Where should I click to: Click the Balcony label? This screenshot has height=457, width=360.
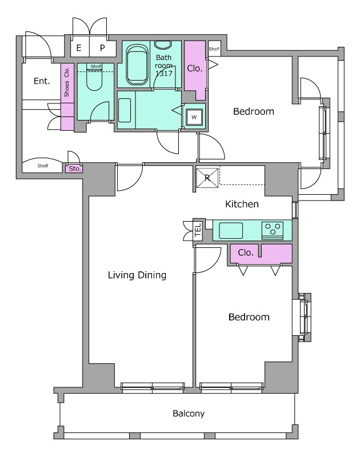click(x=189, y=414)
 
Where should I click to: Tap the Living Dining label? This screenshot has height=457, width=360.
click(x=137, y=275)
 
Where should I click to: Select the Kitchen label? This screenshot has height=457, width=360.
click(x=242, y=204)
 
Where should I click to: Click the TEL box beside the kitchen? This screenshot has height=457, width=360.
click(x=198, y=230)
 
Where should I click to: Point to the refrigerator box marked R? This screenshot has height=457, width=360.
click(x=207, y=178)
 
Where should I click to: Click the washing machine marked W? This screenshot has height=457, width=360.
click(x=194, y=117)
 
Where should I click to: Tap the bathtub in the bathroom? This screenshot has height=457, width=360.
click(x=137, y=65)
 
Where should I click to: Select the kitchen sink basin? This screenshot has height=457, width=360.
click(x=231, y=231)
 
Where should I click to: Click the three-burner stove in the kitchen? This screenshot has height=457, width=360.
click(x=273, y=230)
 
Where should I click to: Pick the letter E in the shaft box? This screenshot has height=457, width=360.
click(x=79, y=48)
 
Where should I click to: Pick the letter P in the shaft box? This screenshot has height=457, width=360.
click(x=102, y=48)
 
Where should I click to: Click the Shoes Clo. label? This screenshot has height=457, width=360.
click(x=67, y=82)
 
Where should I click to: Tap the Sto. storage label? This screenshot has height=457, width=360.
click(x=75, y=169)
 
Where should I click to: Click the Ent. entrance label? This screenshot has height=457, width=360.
click(x=42, y=81)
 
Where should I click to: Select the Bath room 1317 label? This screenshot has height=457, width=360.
click(x=164, y=65)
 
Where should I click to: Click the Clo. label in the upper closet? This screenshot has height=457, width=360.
click(x=195, y=69)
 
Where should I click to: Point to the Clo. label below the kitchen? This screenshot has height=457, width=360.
click(x=246, y=252)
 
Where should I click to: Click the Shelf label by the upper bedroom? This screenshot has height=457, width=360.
click(x=214, y=49)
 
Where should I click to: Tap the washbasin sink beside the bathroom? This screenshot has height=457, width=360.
click(x=125, y=110)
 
